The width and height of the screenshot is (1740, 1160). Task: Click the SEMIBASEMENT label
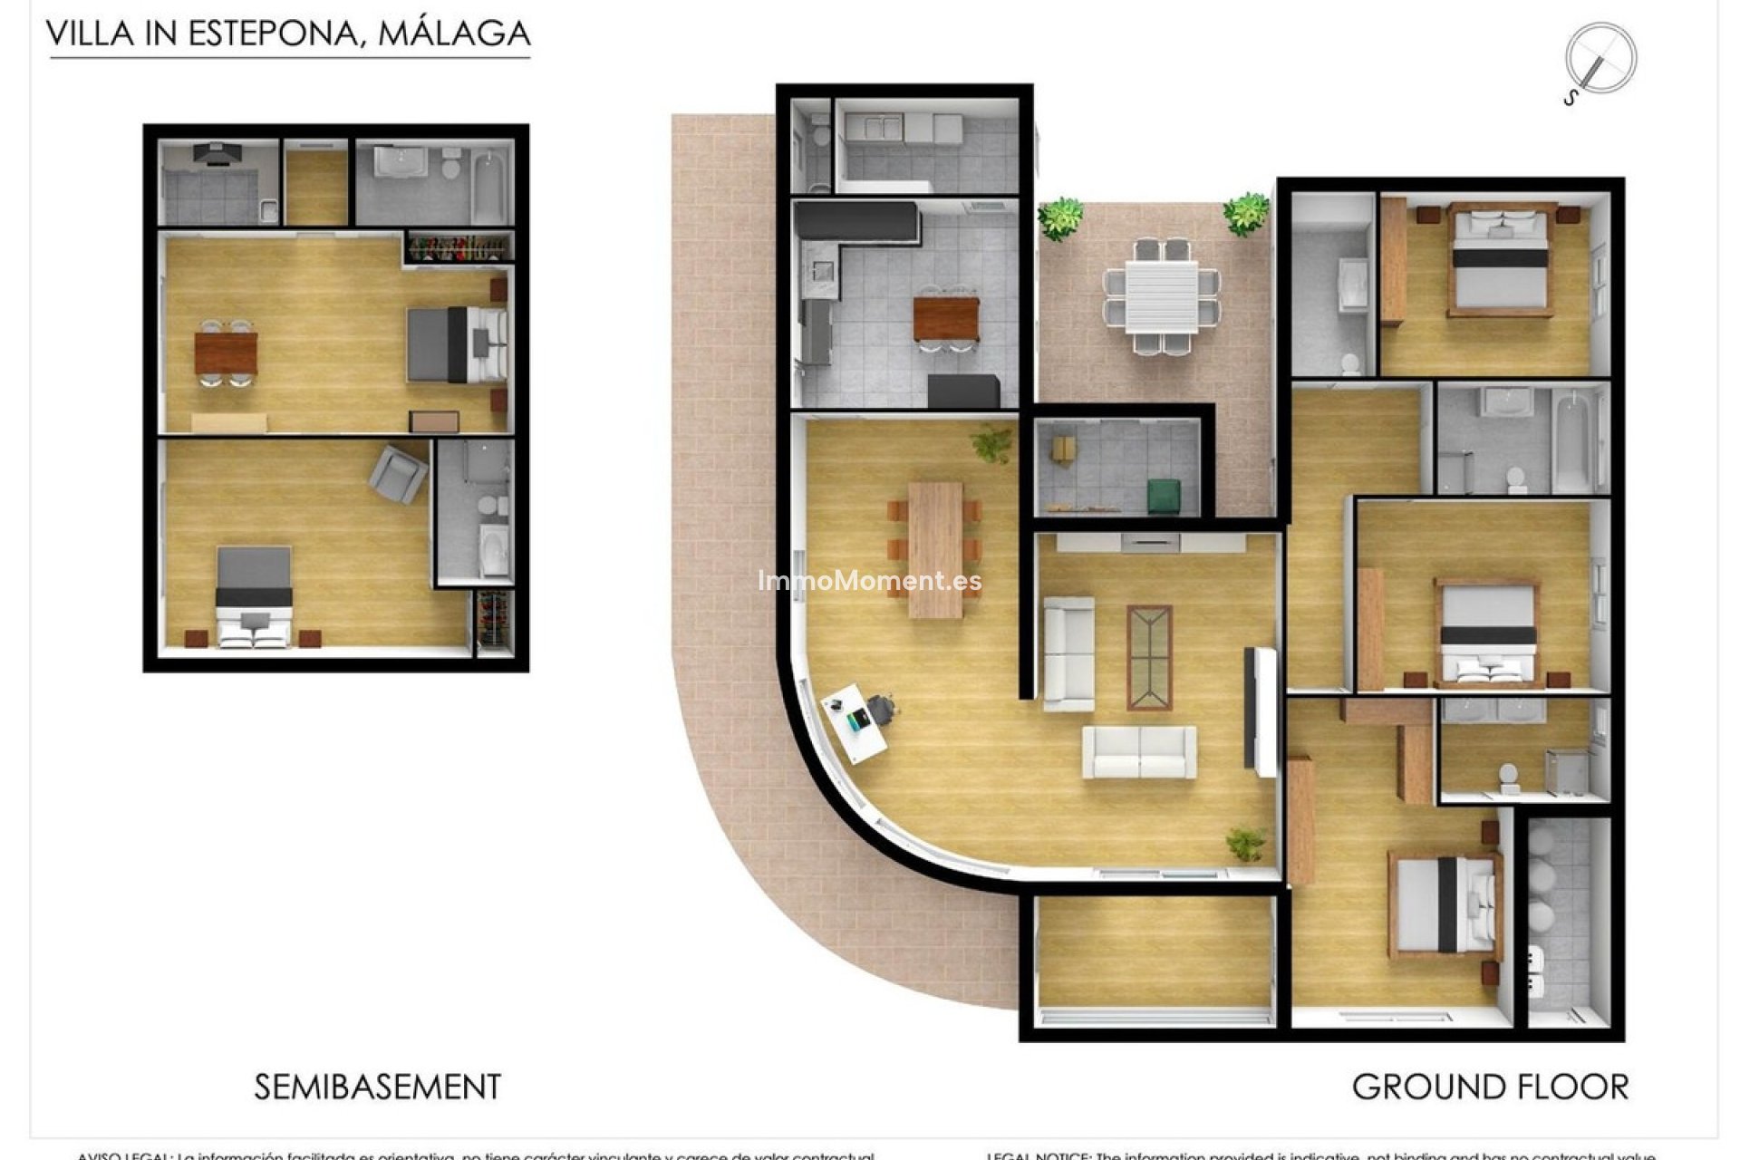[377, 1087]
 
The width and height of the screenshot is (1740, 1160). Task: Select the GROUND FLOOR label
[1490, 1087]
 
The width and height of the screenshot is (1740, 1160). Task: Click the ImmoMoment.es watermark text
[869, 581]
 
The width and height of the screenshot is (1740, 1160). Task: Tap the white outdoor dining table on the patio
[1161, 296]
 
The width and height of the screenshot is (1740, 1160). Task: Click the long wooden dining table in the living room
[935, 549]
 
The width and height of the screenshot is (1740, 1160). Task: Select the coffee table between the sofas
[1149, 657]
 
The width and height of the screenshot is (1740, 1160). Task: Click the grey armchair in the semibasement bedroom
[398, 474]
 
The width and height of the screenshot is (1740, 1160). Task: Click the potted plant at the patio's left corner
[1059, 218]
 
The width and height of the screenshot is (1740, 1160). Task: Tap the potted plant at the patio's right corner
[1246, 215]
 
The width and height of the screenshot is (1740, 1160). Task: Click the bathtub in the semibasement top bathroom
[488, 188]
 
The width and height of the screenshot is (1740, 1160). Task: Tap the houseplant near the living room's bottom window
[1246, 844]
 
